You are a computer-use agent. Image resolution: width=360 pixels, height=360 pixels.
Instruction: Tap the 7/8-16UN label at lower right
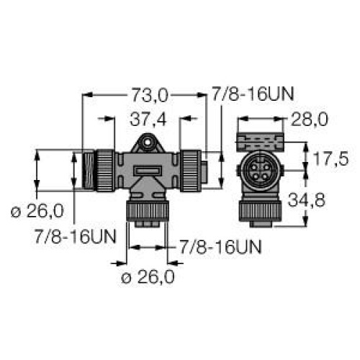tap(220, 247)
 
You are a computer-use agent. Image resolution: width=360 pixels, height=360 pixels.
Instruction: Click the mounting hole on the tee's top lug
tap(148, 144)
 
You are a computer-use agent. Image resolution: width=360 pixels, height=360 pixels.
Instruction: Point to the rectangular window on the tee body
tap(147, 171)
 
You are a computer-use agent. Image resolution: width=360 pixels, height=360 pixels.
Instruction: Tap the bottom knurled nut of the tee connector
tap(147, 212)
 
